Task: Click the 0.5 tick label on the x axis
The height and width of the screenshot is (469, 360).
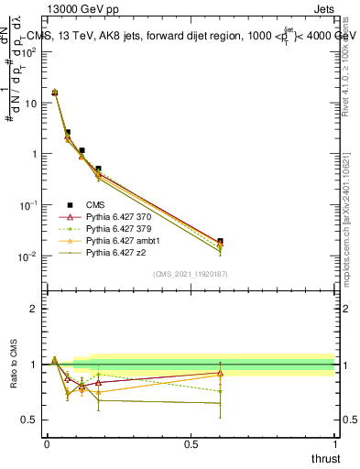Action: tap(190, 444)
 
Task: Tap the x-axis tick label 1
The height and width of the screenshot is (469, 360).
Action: tap(334, 444)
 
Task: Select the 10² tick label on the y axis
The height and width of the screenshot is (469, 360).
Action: tap(27, 52)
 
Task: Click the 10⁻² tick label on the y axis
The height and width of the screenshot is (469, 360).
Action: tap(27, 256)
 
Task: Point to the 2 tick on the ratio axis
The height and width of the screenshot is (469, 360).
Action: tap(33, 309)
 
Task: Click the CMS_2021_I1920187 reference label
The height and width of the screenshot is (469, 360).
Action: tap(190, 274)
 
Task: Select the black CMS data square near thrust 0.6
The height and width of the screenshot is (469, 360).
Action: tap(220, 241)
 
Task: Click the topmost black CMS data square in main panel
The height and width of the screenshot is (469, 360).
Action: tap(55, 93)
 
